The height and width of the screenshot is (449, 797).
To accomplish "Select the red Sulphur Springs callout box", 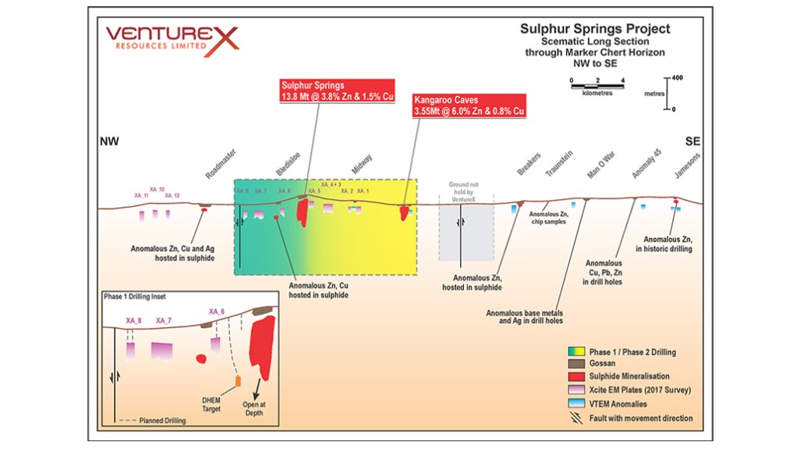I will [337, 90].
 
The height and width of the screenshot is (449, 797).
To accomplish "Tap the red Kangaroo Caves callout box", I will [468, 106].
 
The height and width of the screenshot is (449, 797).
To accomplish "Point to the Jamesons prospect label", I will [686, 165].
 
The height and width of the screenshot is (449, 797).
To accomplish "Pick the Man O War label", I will [601, 166].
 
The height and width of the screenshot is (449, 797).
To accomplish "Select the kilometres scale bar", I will [597, 86].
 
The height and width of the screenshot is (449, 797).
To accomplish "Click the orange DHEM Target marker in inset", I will [239, 382].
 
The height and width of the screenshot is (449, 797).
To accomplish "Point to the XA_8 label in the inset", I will [133, 321].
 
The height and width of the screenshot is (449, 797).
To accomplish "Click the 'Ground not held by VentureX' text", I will [465, 192].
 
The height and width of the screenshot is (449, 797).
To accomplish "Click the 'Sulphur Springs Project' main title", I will [595, 29].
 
